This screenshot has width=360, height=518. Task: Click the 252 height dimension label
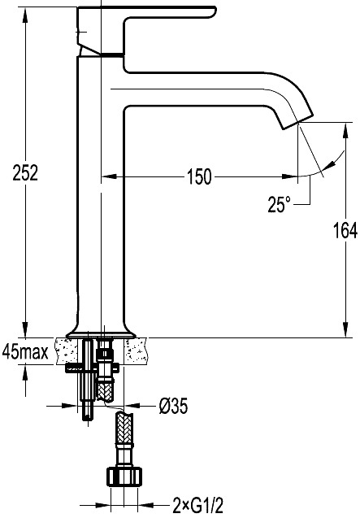[x=25, y=172]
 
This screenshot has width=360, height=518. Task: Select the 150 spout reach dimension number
[x=199, y=176]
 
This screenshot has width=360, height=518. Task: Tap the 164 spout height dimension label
[x=345, y=230]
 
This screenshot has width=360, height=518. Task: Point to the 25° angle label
[x=279, y=204]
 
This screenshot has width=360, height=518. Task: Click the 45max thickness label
[x=25, y=352]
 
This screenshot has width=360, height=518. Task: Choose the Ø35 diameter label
[x=173, y=406]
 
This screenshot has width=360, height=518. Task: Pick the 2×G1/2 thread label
[x=197, y=506]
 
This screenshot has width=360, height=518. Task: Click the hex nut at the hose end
[x=124, y=477]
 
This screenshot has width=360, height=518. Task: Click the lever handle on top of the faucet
[x=145, y=30]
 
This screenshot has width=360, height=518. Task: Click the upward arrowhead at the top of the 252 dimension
[x=25, y=15]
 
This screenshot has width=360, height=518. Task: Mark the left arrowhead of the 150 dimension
[x=109, y=176]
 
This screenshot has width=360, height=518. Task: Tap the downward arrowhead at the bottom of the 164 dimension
[x=345, y=329]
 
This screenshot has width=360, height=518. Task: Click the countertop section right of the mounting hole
[x=136, y=350]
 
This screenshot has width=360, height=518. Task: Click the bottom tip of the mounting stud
[x=87, y=420]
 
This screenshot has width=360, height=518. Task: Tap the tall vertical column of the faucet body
[x=101, y=195]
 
